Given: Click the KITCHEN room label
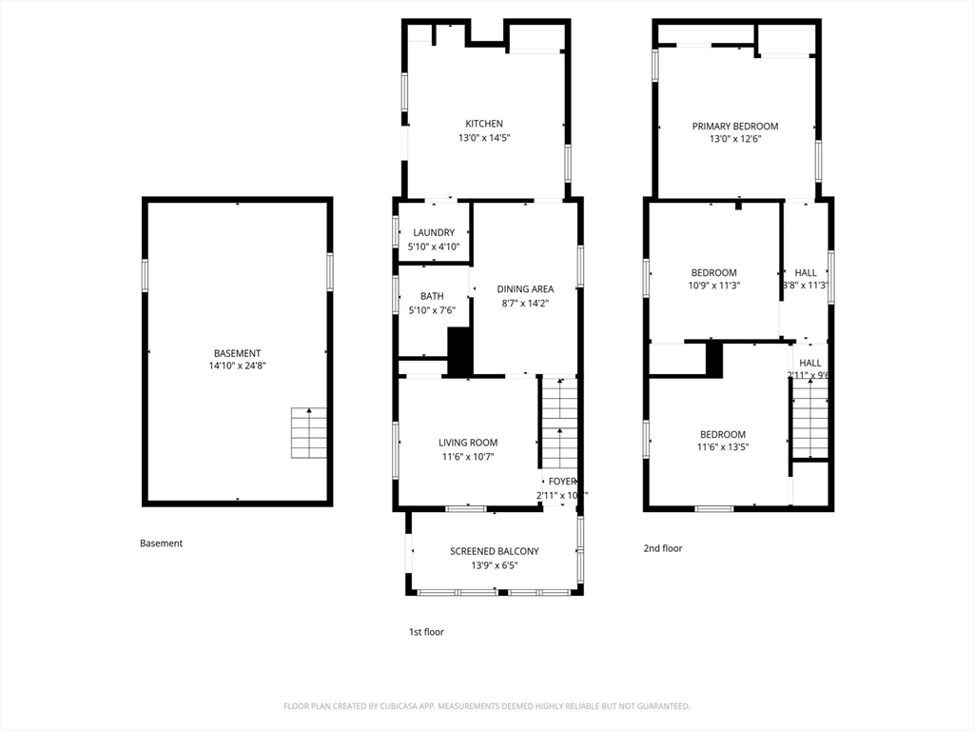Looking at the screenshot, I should (483, 124).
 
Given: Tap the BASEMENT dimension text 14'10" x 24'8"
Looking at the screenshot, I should (237, 365).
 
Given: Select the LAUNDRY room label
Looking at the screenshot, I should (434, 232).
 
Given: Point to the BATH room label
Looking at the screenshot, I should (432, 296).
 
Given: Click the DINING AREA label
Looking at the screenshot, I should (525, 289).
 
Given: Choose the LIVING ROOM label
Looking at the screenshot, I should (468, 443).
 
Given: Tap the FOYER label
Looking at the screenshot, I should (562, 482).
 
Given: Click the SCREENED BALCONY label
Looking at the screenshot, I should (494, 551).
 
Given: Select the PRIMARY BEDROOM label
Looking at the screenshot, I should (734, 126).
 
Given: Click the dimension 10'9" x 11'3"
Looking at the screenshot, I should (713, 285).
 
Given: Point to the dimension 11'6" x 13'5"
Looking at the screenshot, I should (722, 446).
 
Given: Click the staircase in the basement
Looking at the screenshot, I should (308, 433).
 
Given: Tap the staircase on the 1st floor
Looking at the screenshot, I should (559, 423).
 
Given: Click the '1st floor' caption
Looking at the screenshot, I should (426, 632).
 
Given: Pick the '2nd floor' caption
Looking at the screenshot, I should (663, 548).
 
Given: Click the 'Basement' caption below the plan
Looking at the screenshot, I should (161, 543).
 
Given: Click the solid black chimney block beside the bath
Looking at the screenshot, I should (460, 351).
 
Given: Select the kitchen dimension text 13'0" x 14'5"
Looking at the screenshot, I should (483, 138).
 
